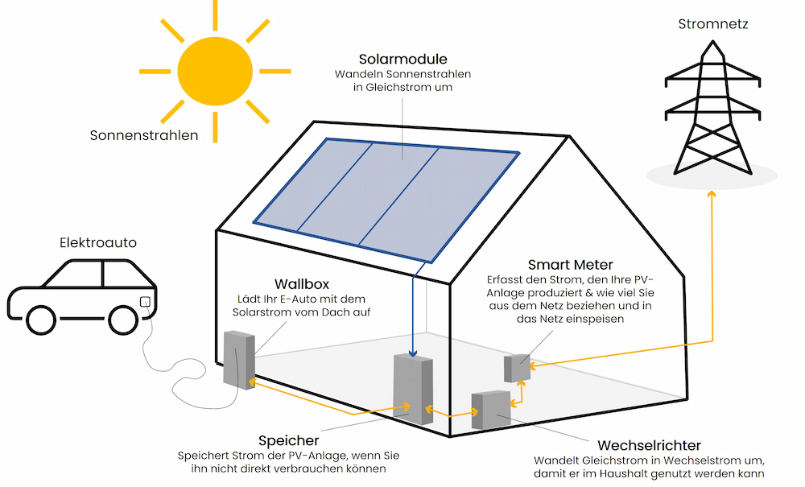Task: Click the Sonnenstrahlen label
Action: [144, 135]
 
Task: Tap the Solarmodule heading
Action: [402, 59]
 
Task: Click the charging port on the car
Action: [145, 303]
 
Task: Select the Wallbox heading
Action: [303, 284]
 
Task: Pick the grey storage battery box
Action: [413, 389]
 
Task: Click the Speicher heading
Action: [288, 440]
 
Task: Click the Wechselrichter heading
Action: [649, 445]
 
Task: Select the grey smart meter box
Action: [517, 367]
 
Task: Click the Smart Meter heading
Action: [570, 264]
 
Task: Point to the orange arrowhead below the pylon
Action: [711, 193]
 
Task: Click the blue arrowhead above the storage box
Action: [413, 352]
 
